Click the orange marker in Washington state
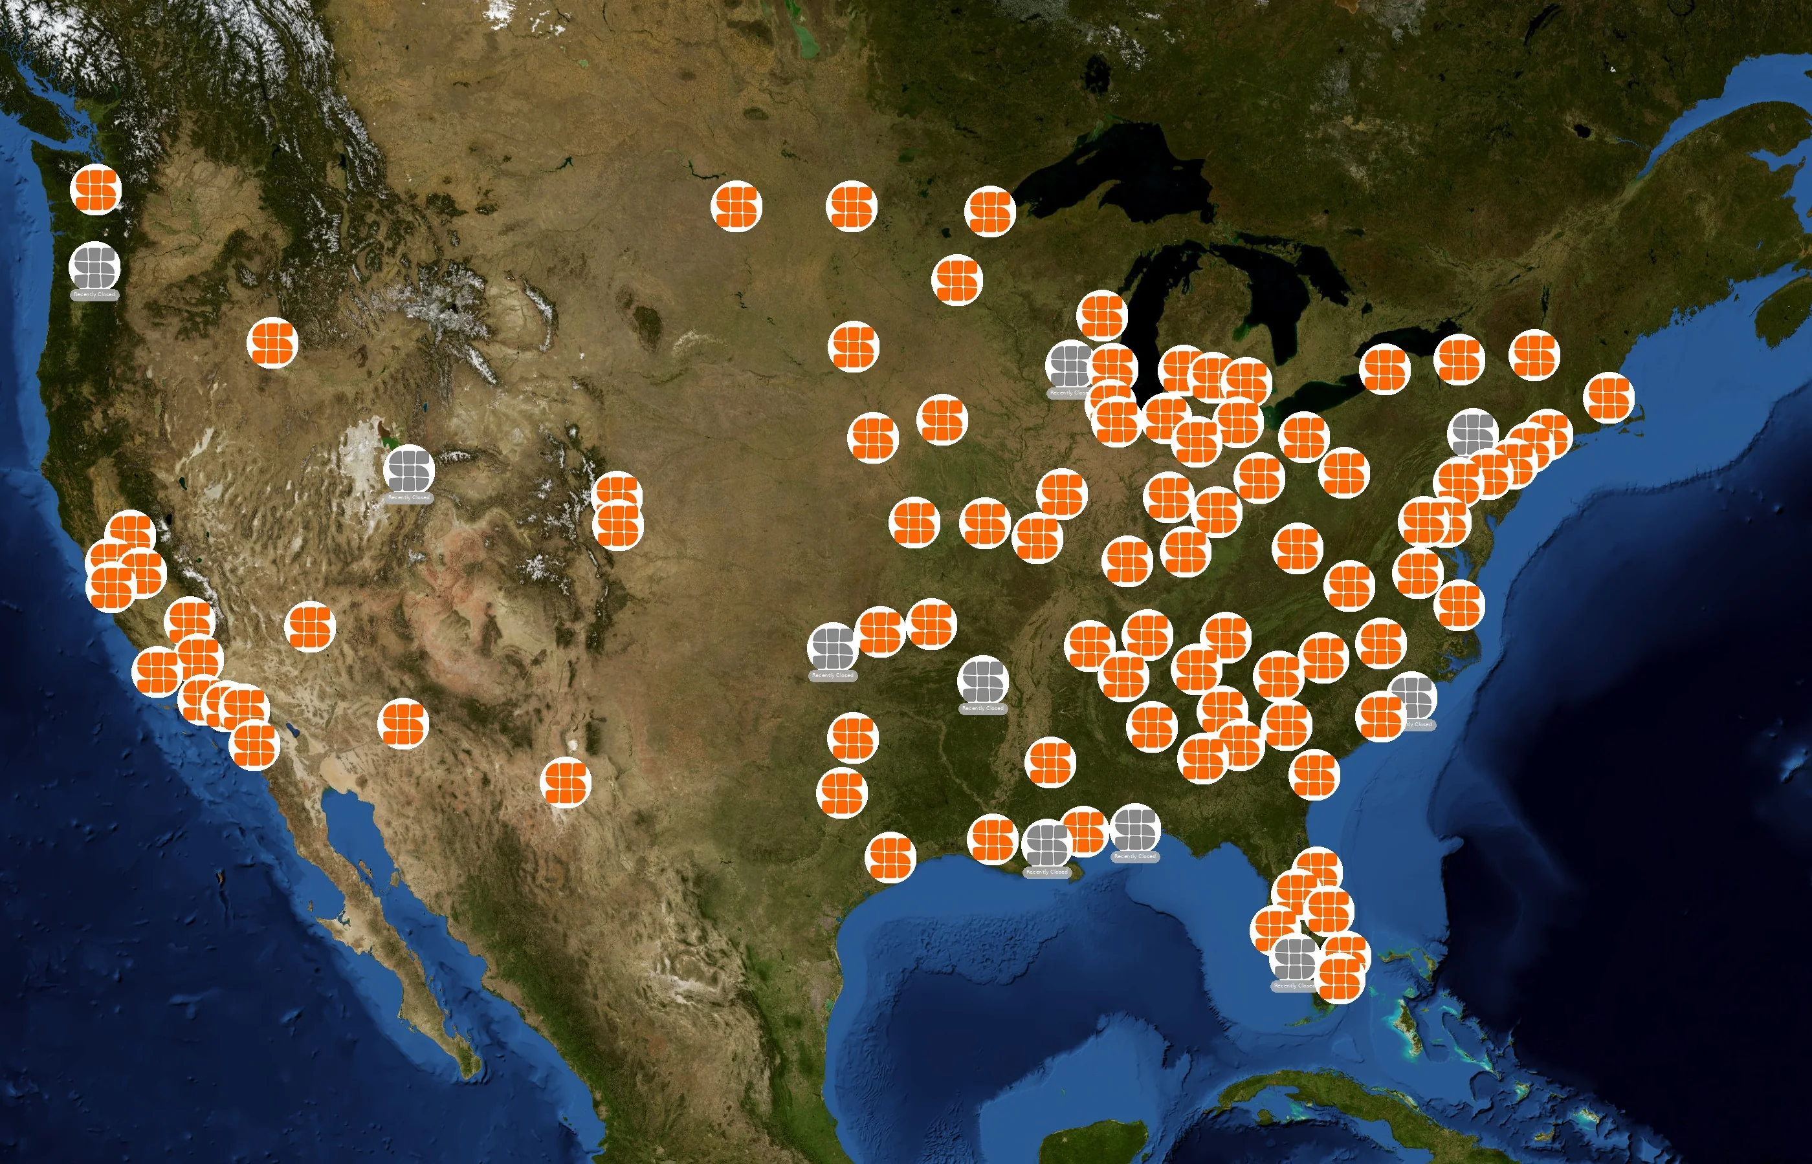click(96, 189)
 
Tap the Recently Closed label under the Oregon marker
click(94, 295)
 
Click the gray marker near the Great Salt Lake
click(408, 469)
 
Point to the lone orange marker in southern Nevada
click(310, 627)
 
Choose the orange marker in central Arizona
click(403, 724)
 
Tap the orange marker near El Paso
click(566, 782)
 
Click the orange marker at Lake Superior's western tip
click(990, 211)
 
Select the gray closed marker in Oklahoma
click(832, 648)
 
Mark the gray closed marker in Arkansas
click(982, 680)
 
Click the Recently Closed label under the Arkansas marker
click(982, 708)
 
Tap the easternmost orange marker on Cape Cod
click(1609, 398)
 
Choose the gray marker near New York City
click(1472, 433)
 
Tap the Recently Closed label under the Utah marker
click(408, 497)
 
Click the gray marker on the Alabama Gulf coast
click(1134, 829)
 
